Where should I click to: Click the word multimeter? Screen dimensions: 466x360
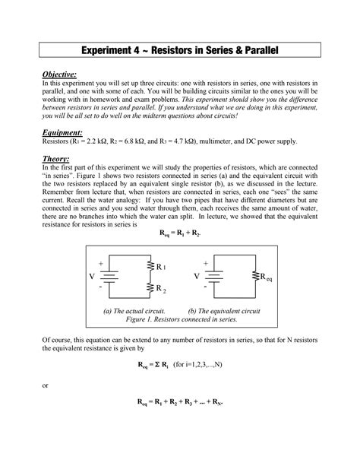click(243, 142)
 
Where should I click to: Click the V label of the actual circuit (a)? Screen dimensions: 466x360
click(92, 277)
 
